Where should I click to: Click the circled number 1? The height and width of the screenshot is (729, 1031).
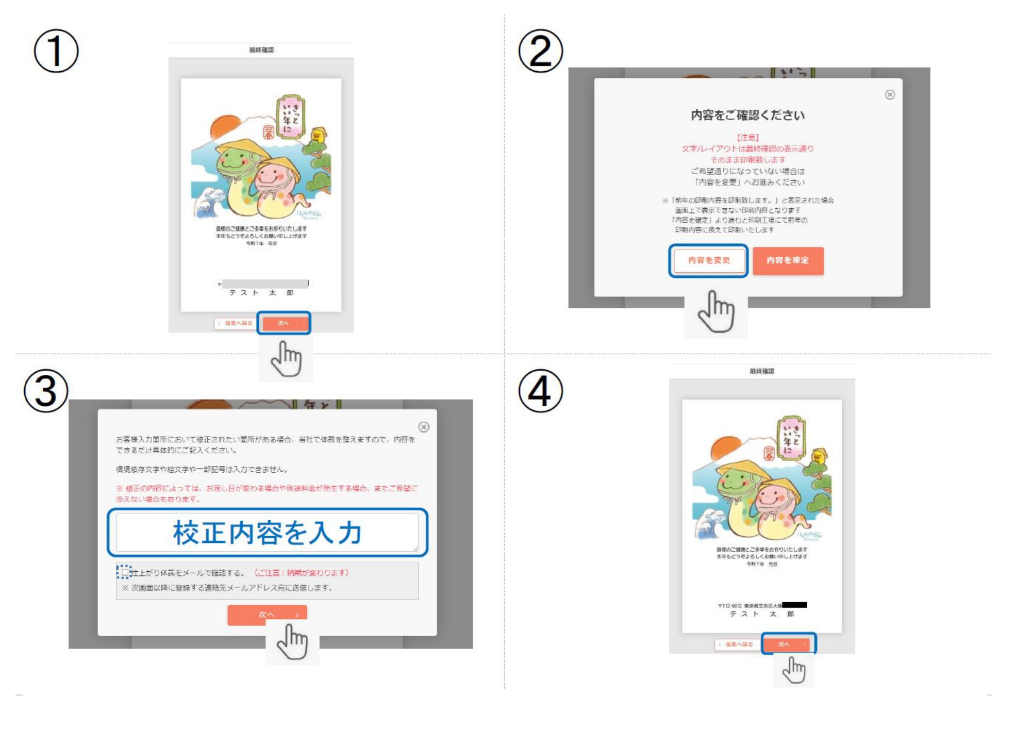[x=56, y=51]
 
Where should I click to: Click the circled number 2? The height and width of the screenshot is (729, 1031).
[x=540, y=51]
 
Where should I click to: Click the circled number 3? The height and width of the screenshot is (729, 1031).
[x=46, y=391]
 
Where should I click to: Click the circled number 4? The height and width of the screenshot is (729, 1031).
[x=540, y=391]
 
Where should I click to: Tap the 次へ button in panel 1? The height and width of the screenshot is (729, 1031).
[x=284, y=323]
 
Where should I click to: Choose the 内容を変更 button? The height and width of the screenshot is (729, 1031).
[x=709, y=260]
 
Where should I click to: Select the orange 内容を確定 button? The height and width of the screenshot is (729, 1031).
[x=788, y=260]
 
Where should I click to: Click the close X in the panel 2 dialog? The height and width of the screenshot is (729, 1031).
[x=890, y=94]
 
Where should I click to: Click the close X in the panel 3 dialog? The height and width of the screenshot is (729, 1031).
[x=424, y=427]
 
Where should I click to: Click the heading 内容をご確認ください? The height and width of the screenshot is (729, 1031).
[x=747, y=115]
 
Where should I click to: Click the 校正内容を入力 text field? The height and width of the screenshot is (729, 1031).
[x=267, y=533]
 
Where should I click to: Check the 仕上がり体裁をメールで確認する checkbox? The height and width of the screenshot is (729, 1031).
[x=124, y=572]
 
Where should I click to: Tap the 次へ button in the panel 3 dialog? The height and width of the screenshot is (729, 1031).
[x=267, y=615]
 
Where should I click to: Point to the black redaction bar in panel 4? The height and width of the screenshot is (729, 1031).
[x=794, y=605]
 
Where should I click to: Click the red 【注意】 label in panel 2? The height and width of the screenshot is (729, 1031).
[x=747, y=137]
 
